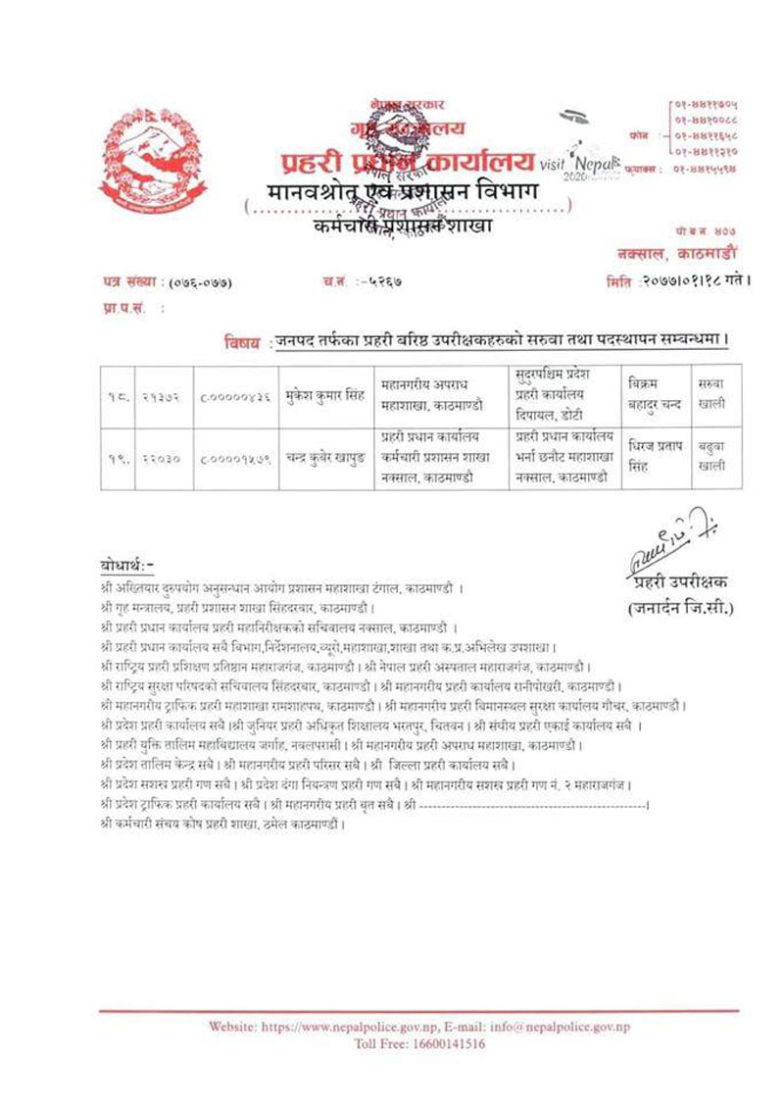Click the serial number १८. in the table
pyautogui.click(x=118, y=392)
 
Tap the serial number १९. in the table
pyautogui.click(x=118, y=455)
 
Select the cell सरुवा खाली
pyautogui.click(x=711, y=391)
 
